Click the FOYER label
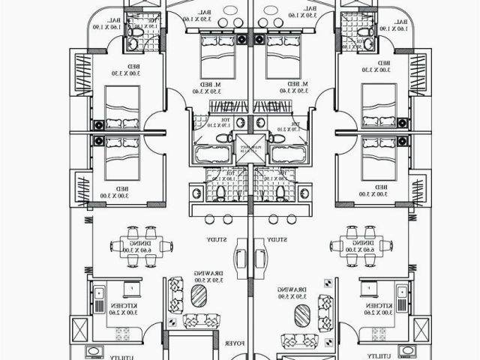[234, 343]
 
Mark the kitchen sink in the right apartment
[403, 290]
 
